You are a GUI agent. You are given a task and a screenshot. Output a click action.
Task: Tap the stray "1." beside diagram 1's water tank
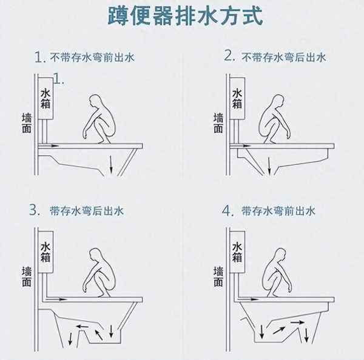click(x=59, y=78)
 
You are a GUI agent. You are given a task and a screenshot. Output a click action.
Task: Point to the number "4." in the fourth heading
click(x=227, y=211)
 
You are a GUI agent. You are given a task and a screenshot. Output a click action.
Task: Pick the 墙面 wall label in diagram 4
click(x=218, y=276)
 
